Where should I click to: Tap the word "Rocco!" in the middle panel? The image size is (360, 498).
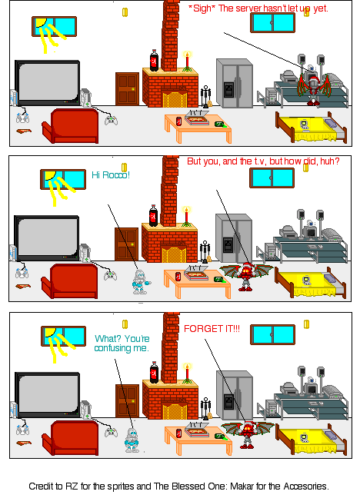click(117, 175)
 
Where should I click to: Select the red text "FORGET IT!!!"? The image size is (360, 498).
click(212, 328)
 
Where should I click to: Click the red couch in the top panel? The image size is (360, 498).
click(70, 126)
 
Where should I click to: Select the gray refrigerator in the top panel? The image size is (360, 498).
click(234, 81)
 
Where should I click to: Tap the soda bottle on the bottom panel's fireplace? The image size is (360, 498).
click(154, 373)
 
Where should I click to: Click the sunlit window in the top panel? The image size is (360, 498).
click(54, 26)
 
